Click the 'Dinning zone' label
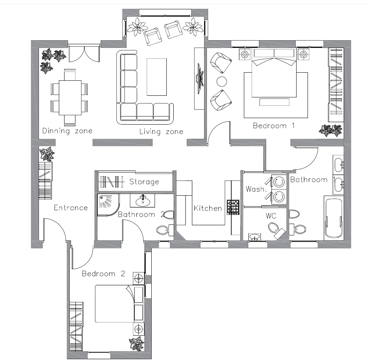pyautogui.click(x=67, y=131)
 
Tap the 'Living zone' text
pyautogui.click(x=161, y=131)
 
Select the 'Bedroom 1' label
pyautogui.click(x=273, y=126)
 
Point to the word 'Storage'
pyautogui.click(x=144, y=181)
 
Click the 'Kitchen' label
pyautogui.click(x=208, y=208)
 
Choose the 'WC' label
pyautogui.click(x=271, y=216)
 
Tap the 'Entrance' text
pyautogui.click(x=71, y=207)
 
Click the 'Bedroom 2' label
pyautogui.click(x=103, y=274)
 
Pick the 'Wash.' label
pyautogui.click(x=256, y=189)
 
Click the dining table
pyautogui.click(x=70, y=98)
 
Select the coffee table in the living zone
pyautogui.click(x=157, y=77)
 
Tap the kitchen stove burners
pyautogui.click(x=233, y=207)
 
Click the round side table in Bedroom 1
pyautogui.click(x=222, y=82)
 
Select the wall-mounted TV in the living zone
pyautogui.click(x=200, y=79)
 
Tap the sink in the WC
pyautogui.click(x=255, y=237)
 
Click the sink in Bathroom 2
pyautogui.click(x=142, y=201)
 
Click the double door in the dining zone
pyautogui.click(x=84, y=54)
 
